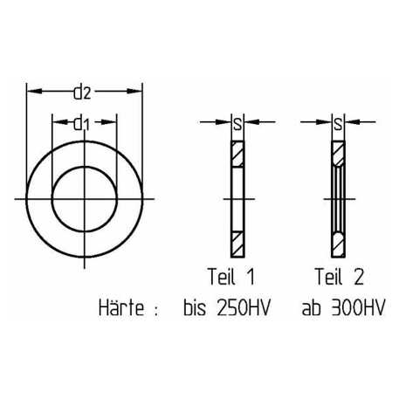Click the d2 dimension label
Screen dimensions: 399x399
tap(82, 93)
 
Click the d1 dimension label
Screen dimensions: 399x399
tap(81, 124)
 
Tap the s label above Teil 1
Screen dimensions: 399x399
tap(237, 125)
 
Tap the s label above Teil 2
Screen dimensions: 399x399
tap(338, 125)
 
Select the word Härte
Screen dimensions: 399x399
tap(121, 307)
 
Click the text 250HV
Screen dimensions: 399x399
tap(244, 307)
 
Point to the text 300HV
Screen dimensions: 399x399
tap(358, 307)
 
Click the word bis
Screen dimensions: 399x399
tap(195, 307)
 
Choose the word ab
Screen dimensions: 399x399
tap(311, 307)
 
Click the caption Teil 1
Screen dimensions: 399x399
tap(231, 277)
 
